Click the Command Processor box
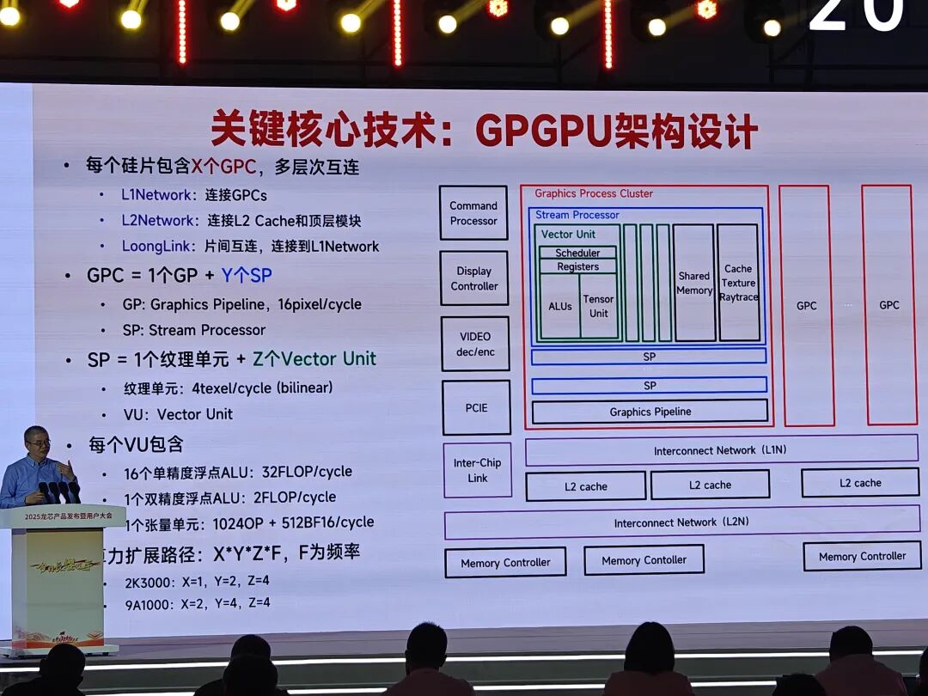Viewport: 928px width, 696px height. coord(473,213)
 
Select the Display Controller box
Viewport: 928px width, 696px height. coord(473,278)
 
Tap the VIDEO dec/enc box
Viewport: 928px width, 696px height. coord(475,344)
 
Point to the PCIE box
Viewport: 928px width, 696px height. coord(476,407)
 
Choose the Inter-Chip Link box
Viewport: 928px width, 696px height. coord(478,470)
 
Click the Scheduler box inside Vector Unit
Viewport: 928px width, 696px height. coord(577,253)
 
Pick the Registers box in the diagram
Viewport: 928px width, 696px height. coord(577,266)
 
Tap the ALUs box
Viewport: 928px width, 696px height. coord(559,306)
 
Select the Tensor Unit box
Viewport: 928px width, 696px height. coord(599,306)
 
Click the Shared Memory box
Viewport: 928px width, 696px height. coord(694,283)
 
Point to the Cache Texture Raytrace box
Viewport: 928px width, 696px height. coord(738,283)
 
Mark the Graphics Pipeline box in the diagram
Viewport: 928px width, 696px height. coord(650,412)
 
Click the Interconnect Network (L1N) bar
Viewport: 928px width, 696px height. coord(721,449)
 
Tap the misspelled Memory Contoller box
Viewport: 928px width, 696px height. coord(644,560)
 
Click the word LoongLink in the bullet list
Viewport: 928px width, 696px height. coord(157,247)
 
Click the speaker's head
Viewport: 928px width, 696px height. coord(38,442)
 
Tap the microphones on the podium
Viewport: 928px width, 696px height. coord(58,492)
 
